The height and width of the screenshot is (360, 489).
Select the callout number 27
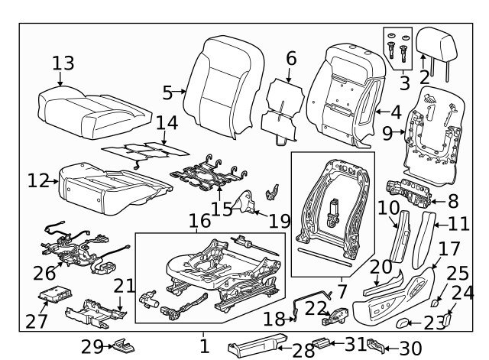point(36,322)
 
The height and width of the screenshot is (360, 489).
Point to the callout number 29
point(92,347)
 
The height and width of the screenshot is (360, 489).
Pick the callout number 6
point(291,58)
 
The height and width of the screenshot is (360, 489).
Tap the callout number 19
point(280,222)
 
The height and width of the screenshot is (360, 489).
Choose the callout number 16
point(199,222)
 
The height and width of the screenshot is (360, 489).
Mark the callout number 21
point(124,286)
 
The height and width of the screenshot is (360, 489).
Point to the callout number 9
point(387,133)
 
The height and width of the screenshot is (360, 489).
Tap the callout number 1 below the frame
point(204,346)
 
